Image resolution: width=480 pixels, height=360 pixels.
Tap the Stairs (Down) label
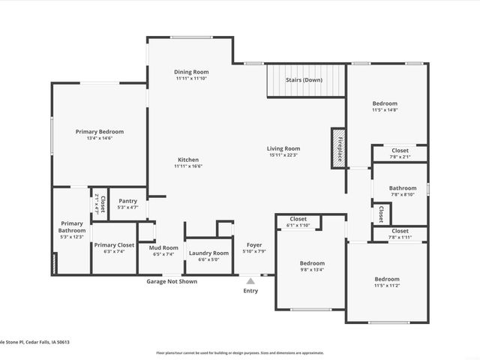(x=304, y=79)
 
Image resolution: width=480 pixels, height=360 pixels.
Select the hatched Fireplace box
(x=338, y=145)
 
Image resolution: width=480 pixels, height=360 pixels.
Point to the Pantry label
(x=128, y=201)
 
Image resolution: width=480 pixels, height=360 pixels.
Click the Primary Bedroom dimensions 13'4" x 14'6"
(x=100, y=138)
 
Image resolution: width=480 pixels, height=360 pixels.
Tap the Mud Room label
(x=163, y=247)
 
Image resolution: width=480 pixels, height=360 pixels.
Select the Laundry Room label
(x=208, y=253)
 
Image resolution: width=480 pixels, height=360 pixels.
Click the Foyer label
(x=253, y=244)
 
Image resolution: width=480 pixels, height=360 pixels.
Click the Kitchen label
(x=188, y=160)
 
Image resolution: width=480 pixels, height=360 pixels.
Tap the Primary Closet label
(x=114, y=245)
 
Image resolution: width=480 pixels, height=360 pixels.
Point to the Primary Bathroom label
(x=72, y=226)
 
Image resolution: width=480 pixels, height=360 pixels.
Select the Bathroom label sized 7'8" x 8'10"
(x=403, y=188)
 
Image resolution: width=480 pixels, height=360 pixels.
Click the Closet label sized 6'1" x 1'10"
(x=298, y=219)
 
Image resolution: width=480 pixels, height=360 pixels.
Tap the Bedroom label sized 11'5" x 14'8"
(x=385, y=103)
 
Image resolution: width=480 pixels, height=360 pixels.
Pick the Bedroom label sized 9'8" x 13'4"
(x=312, y=263)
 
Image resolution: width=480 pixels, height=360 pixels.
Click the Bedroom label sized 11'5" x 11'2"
(x=388, y=279)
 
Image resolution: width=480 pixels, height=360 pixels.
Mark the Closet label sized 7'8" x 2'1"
(x=400, y=151)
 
